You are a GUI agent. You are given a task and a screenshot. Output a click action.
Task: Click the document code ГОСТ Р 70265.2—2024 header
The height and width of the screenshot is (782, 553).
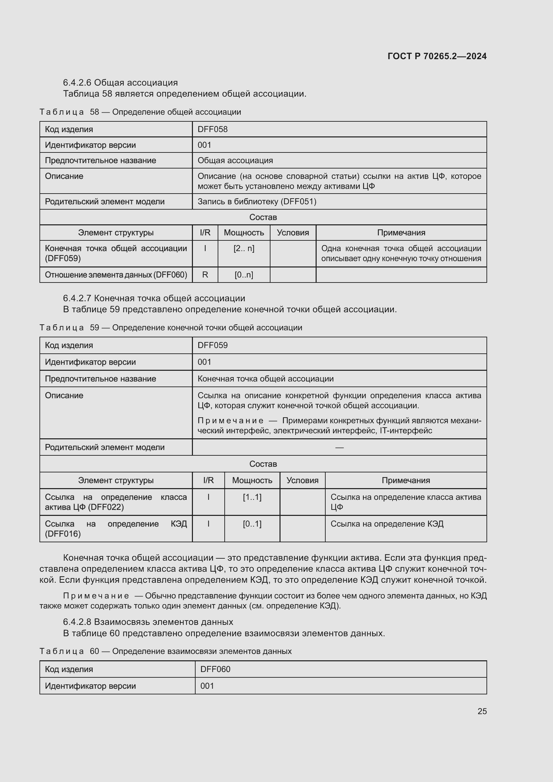pos(437,56)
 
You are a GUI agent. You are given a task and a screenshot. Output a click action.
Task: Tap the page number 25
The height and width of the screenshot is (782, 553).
pos(482,711)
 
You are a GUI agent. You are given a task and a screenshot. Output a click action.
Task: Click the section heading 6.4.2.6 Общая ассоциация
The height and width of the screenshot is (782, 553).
pos(120,83)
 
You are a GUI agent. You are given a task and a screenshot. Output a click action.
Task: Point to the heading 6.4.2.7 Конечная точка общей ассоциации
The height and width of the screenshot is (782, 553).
pos(154,298)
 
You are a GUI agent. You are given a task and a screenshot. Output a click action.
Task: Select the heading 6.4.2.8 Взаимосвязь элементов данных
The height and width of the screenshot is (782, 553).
pos(148,622)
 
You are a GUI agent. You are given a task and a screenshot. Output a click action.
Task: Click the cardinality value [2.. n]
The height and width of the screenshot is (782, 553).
pos(244,248)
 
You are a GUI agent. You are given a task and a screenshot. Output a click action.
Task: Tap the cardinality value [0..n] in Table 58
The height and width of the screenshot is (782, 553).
pos(244,275)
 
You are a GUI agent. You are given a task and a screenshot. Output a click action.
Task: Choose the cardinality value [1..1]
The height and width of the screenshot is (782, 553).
pos(252,497)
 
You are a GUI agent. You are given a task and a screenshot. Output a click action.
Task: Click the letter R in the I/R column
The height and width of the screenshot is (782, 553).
pos(205,275)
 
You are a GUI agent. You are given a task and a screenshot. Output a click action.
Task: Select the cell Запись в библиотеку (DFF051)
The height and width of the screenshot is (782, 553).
pos(257,202)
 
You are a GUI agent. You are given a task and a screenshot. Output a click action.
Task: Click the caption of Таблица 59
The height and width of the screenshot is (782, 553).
pos(171,328)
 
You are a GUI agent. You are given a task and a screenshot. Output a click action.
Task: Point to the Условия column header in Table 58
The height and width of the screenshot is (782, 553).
pos(293,233)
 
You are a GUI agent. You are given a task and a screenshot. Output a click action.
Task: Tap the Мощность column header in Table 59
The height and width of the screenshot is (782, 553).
pos(252,480)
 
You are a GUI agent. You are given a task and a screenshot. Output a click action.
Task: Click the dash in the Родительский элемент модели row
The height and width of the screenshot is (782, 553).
pos(339,447)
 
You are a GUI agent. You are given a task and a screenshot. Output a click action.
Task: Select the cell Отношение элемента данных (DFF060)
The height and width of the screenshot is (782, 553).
pos(116,275)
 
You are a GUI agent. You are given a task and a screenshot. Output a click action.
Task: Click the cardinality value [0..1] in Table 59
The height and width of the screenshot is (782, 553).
pos(252,524)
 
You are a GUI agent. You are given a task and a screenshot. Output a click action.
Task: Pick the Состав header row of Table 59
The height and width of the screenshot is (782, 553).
pos(263,464)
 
